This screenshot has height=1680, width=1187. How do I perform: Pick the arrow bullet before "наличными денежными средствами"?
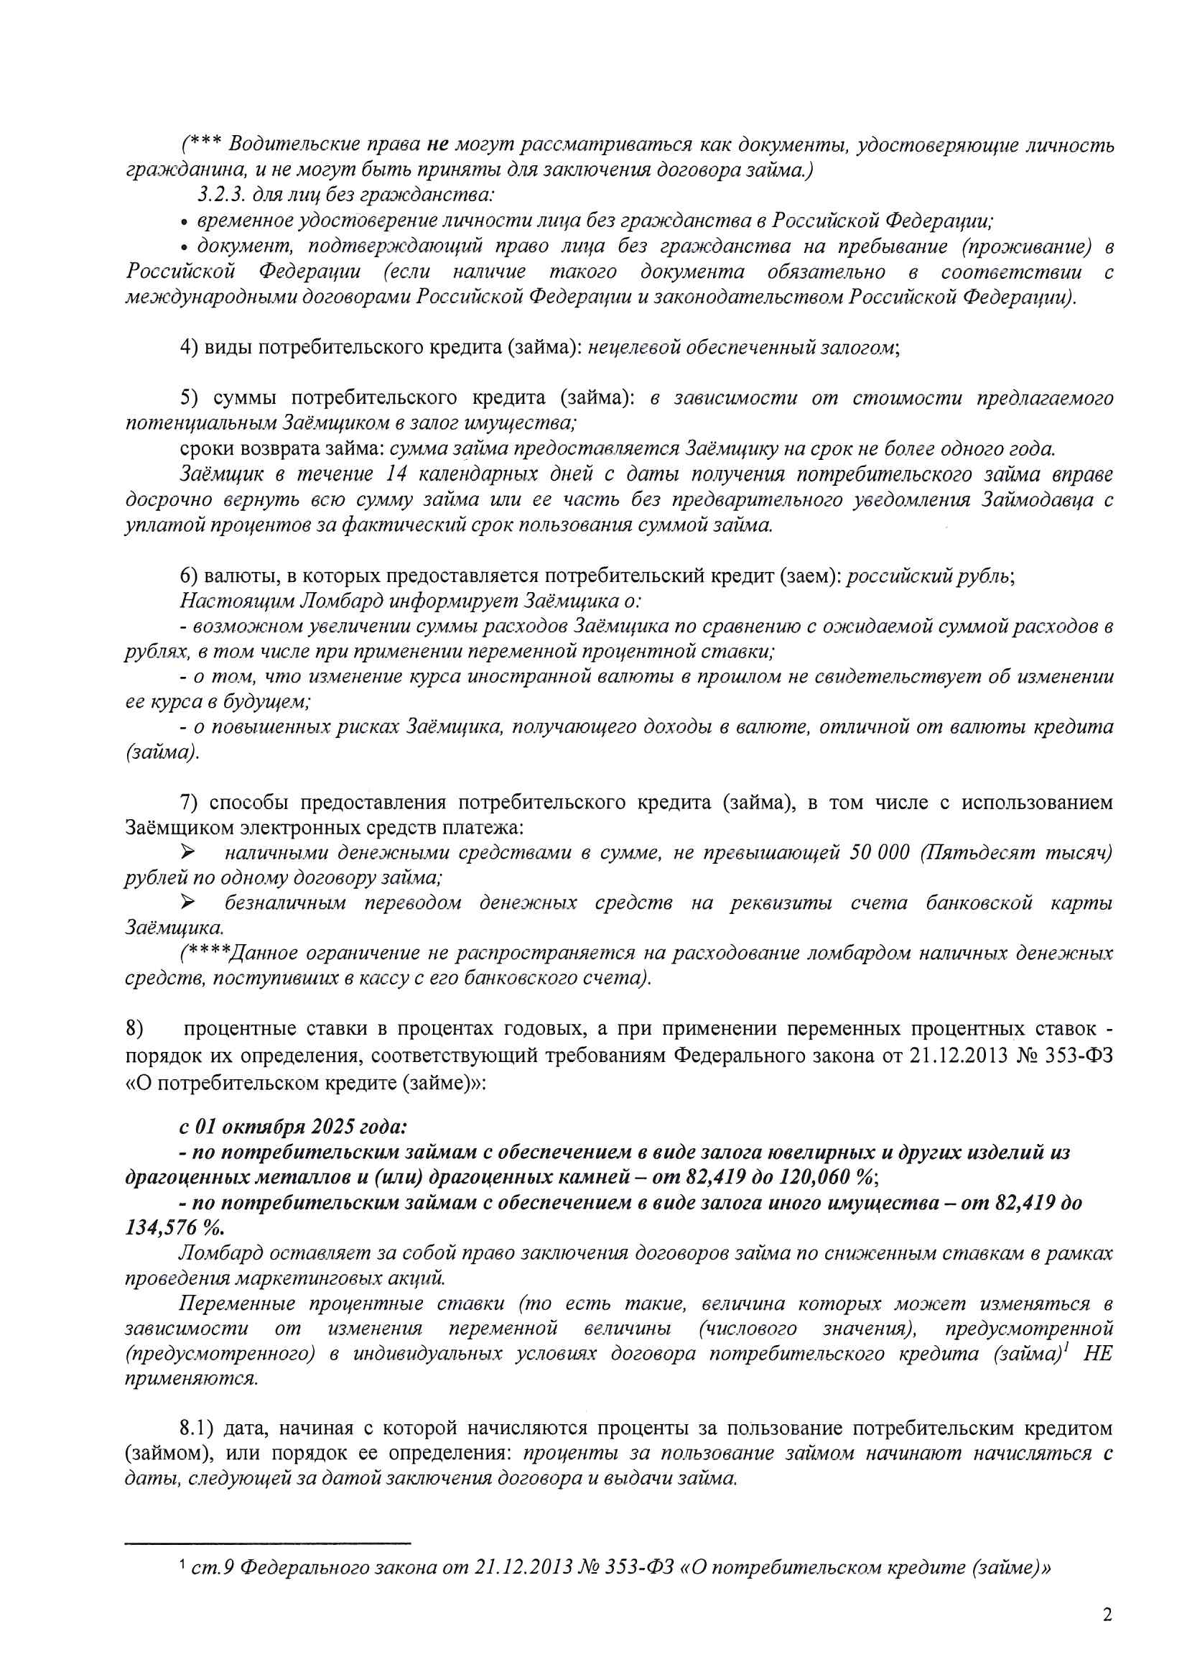(x=188, y=852)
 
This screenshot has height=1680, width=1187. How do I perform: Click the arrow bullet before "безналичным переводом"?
(x=188, y=903)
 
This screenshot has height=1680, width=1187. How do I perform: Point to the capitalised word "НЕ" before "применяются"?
(x=1097, y=1353)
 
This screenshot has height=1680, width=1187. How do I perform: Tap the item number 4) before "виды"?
(x=189, y=347)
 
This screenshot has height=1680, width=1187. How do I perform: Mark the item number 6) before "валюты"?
(x=189, y=576)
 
